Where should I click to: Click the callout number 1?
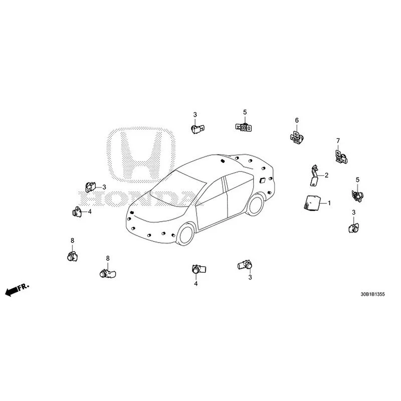(x=329, y=203)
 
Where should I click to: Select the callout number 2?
(x=326, y=175)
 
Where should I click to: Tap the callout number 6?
(x=297, y=120)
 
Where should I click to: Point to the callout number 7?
(x=338, y=141)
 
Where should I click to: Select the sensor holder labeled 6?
(x=297, y=137)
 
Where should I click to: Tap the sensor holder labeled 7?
(x=341, y=157)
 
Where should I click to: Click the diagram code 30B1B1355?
(x=372, y=294)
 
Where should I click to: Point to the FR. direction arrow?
(x=17, y=290)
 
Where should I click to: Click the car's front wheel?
(x=186, y=235)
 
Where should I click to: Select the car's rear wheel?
(x=256, y=205)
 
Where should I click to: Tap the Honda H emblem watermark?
(x=141, y=155)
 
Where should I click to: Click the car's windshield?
(x=177, y=188)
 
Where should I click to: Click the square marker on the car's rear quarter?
(x=263, y=180)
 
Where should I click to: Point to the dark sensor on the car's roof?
(x=222, y=161)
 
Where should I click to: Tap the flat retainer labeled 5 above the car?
(x=244, y=127)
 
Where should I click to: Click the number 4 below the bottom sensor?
(x=196, y=283)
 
